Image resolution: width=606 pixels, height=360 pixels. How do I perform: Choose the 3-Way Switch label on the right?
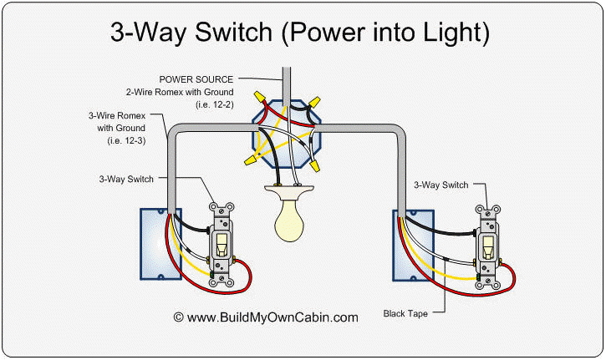(x=441, y=184)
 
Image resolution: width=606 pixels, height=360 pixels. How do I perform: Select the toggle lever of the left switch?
(x=222, y=245)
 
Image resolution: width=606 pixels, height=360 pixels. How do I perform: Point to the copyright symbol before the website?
(x=178, y=317)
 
